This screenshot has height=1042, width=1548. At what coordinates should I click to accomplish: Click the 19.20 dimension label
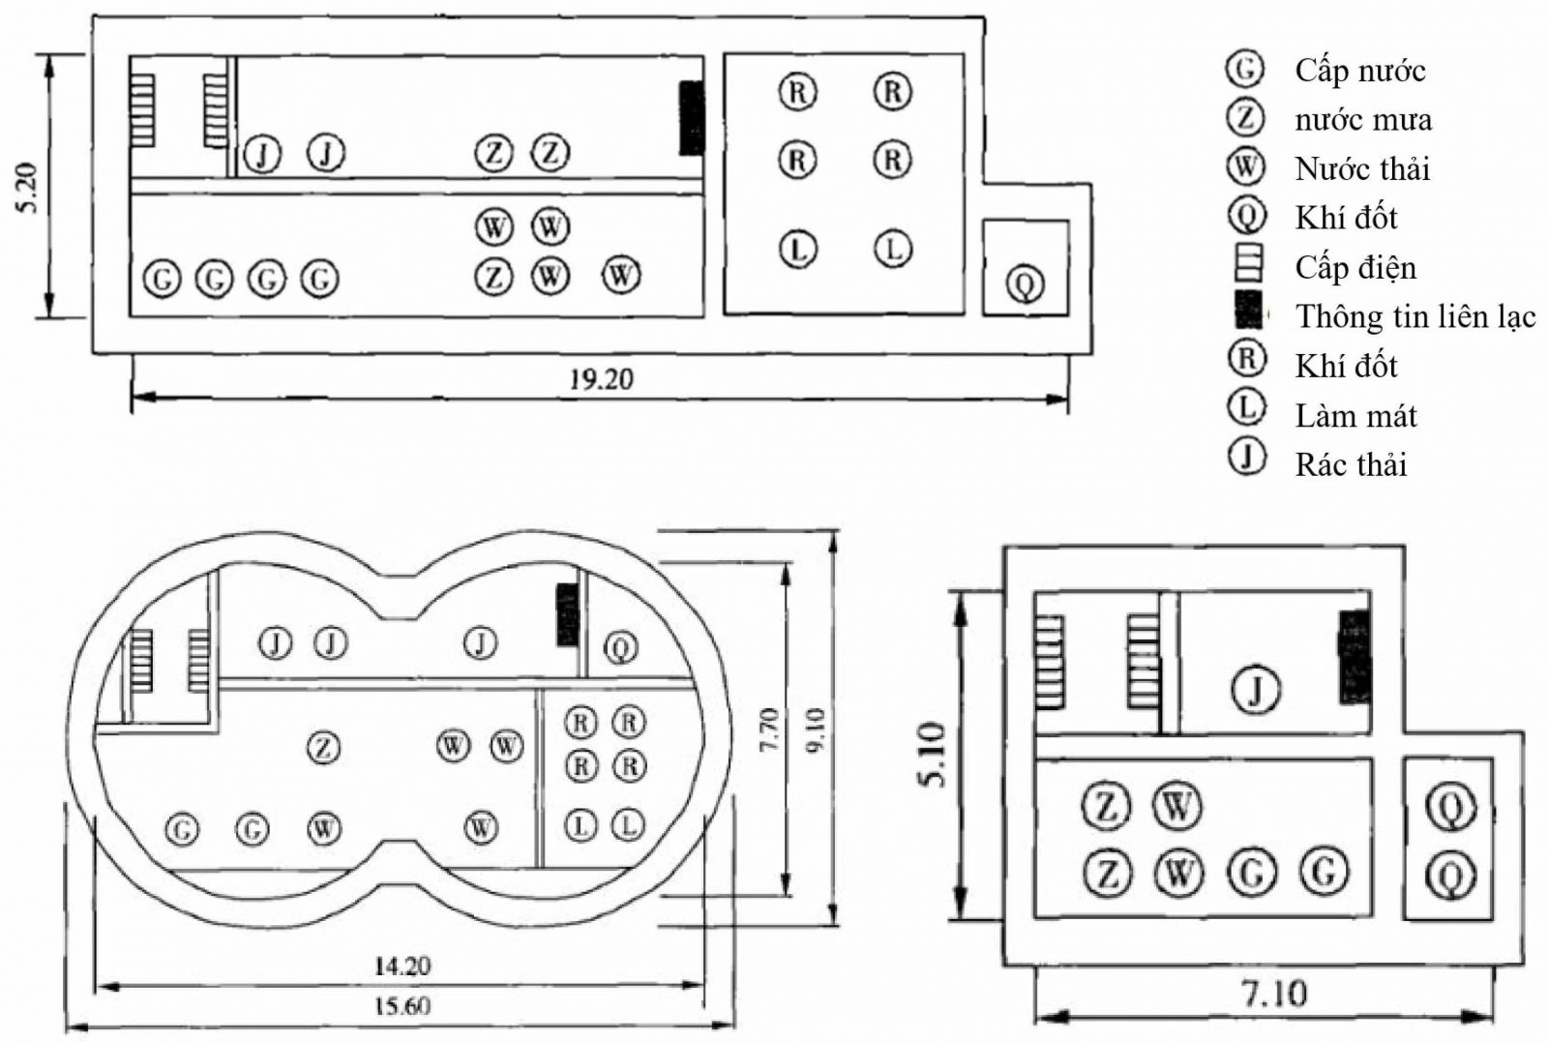pyautogui.click(x=600, y=379)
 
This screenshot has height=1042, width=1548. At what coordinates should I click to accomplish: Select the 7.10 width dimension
pyautogui.click(x=1272, y=994)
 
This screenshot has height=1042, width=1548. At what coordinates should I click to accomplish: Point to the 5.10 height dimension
pyautogui.click(x=935, y=755)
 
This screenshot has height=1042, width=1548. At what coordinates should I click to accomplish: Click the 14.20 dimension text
pyautogui.click(x=402, y=966)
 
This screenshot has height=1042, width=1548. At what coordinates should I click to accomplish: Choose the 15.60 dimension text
pyautogui.click(x=402, y=1006)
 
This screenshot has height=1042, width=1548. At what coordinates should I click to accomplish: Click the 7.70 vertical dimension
pyautogui.click(x=769, y=731)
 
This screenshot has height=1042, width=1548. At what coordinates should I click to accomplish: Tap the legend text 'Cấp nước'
pyautogui.click(x=1359, y=71)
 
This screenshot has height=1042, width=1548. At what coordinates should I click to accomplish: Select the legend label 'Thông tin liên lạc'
pyautogui.click(x=1415, y=316)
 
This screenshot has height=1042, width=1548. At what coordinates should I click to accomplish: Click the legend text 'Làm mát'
pyautogui.click(x=1355, y=416)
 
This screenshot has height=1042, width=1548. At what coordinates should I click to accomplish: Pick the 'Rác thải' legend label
pyautogui.click(x=1351, y=464)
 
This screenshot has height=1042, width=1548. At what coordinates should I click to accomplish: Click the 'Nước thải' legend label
pyautogui.click(x=1362, y=169)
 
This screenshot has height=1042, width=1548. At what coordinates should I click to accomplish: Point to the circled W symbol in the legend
pyautogui.click(x=1246, y=167)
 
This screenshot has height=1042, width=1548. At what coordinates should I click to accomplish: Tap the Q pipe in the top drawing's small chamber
pyautogui.click(x=1025, y=284)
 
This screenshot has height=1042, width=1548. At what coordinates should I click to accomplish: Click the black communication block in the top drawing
pyautogui.click(x=691, y=118)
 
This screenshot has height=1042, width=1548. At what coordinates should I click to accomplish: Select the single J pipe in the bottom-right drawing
pyautogui.click(x=1256, y=690)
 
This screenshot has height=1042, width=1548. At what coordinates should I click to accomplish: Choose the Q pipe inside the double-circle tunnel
pyautogui.click(x=620, y=646)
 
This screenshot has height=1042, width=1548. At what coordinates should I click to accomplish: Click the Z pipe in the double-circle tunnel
pyautogui.click(x=323, y=747)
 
